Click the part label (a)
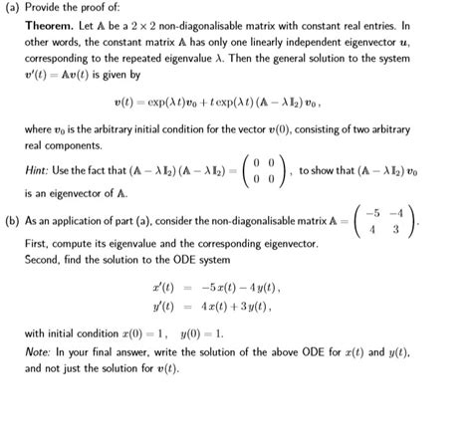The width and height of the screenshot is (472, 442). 14,9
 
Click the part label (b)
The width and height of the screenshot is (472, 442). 14,219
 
